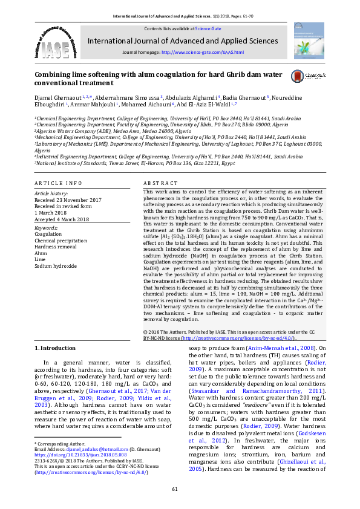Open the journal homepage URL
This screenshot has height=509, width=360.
(x=203, y=53)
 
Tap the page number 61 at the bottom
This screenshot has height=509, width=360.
(x=175, y=488)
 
